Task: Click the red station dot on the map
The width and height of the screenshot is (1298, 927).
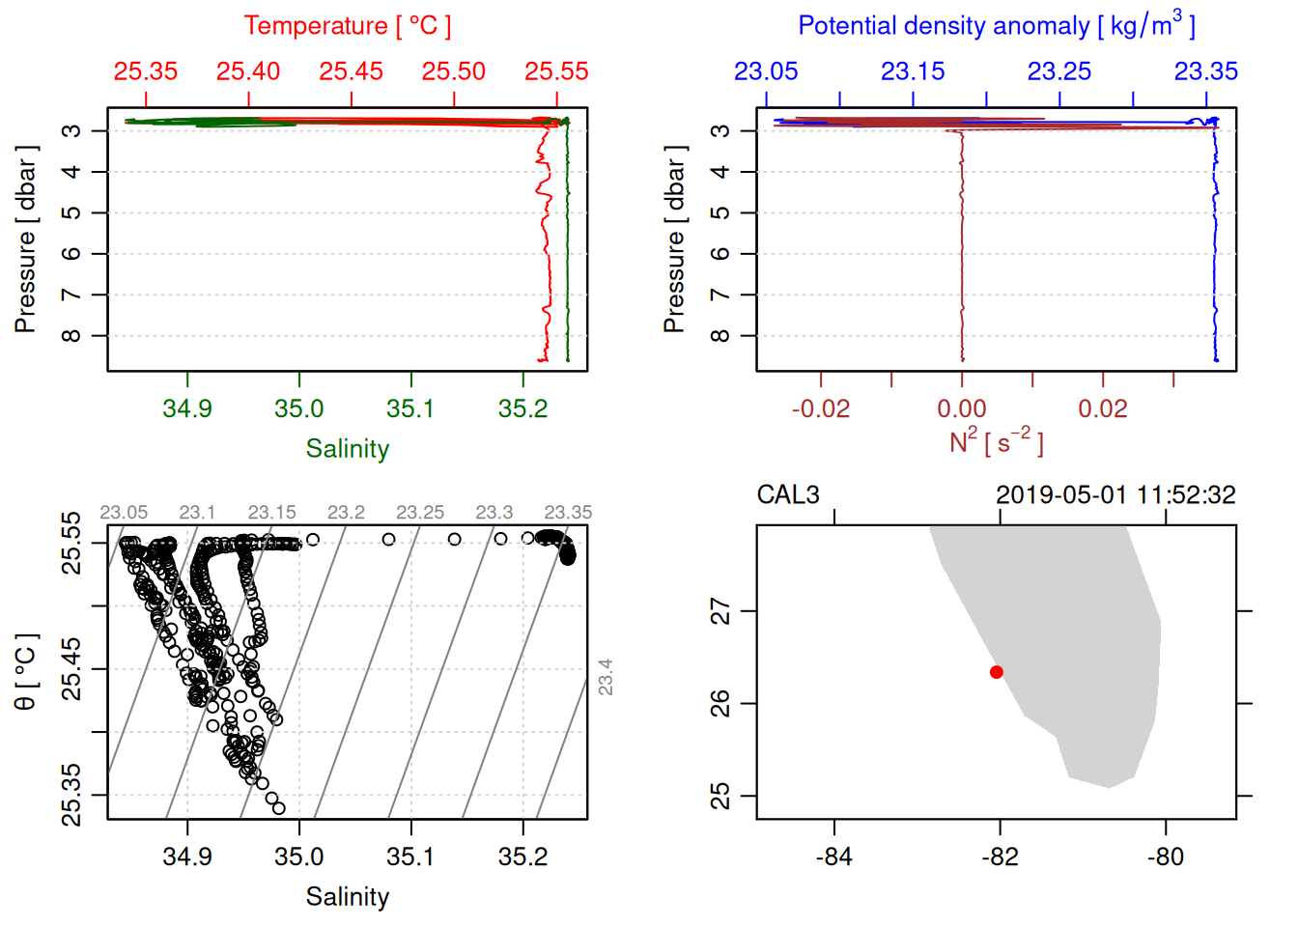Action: (x=996, y=672)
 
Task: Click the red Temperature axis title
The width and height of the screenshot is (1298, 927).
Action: (x=347, y=26)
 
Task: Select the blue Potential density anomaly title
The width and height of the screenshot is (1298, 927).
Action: (x=996, y=25)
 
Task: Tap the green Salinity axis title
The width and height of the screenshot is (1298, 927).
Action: (x=347, y=449)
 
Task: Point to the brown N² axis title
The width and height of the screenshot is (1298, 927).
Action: (x=996, y=442)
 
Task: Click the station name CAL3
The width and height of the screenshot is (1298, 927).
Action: (x=787, y=495)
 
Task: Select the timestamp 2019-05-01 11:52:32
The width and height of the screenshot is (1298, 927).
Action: (x=1115, y=495)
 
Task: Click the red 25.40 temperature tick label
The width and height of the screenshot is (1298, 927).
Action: (x=248, y=71)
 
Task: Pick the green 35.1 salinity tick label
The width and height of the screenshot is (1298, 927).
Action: (x=410, y=408)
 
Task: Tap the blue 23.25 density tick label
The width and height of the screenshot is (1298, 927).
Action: (x=1059, y=71)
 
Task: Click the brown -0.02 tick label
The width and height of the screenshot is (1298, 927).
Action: (x=821, y=408)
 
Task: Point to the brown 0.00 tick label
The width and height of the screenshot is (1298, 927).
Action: (x=962, y=408)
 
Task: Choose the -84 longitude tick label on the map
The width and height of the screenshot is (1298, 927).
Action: (x=833, y=857)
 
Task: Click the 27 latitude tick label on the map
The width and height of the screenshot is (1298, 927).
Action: (x=720, y=611)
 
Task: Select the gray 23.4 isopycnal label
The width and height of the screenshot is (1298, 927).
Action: (x=606, y=677)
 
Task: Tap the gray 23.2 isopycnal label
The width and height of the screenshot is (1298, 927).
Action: (x=346, y=512)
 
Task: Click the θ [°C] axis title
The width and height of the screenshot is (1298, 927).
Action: (x=25, y=671)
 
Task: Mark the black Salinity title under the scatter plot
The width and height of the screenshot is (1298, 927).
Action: (x=347, y=897)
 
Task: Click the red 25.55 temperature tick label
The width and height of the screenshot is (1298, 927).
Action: (x=556, y=71)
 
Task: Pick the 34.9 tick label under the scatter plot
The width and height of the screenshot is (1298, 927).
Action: (x=187, y=857)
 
